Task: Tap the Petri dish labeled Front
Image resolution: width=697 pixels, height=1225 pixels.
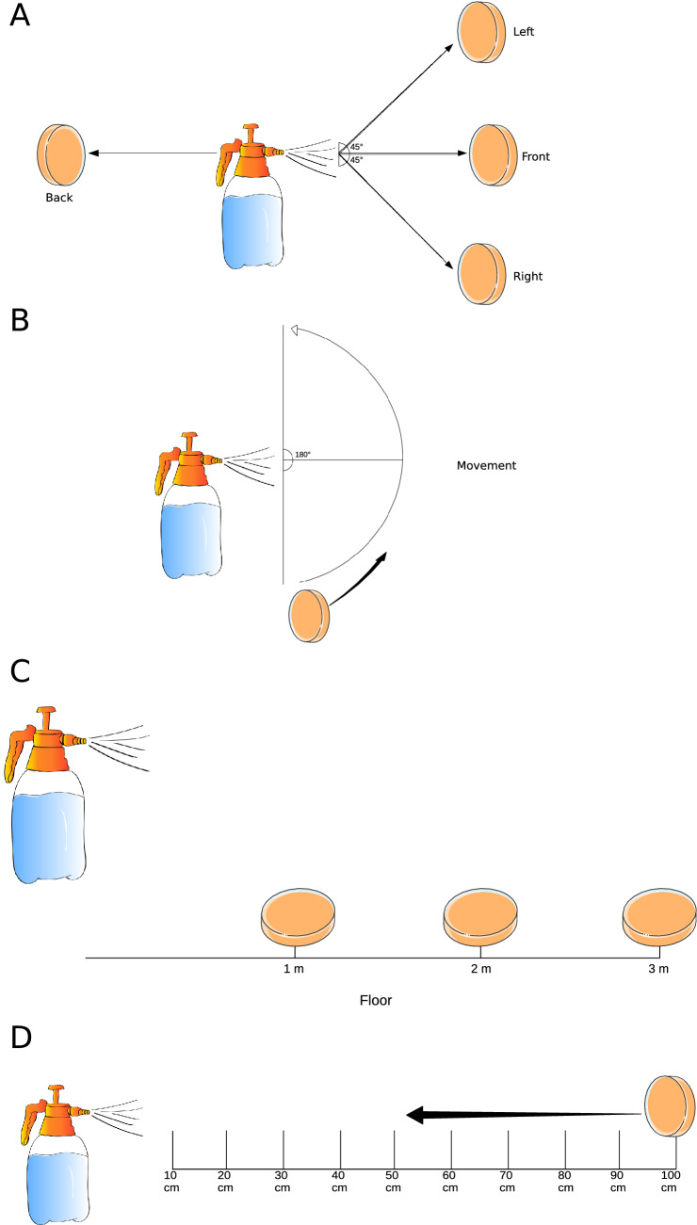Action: click(492, 153)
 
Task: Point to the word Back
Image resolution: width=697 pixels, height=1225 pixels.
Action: click(58, 198)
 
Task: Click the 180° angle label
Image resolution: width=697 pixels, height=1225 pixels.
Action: click(302, 454)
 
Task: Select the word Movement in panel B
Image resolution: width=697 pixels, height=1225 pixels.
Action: click(486, 465)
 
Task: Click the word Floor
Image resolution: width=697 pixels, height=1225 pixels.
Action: click(375, 1000)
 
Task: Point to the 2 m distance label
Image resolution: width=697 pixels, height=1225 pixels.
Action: click(480, 969)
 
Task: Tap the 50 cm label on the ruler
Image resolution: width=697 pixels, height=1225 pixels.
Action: click(395, 1181)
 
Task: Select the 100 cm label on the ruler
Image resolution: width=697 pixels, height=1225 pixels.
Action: click(670, 1181)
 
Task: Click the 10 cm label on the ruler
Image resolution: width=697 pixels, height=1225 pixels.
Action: click(171, 1181)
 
